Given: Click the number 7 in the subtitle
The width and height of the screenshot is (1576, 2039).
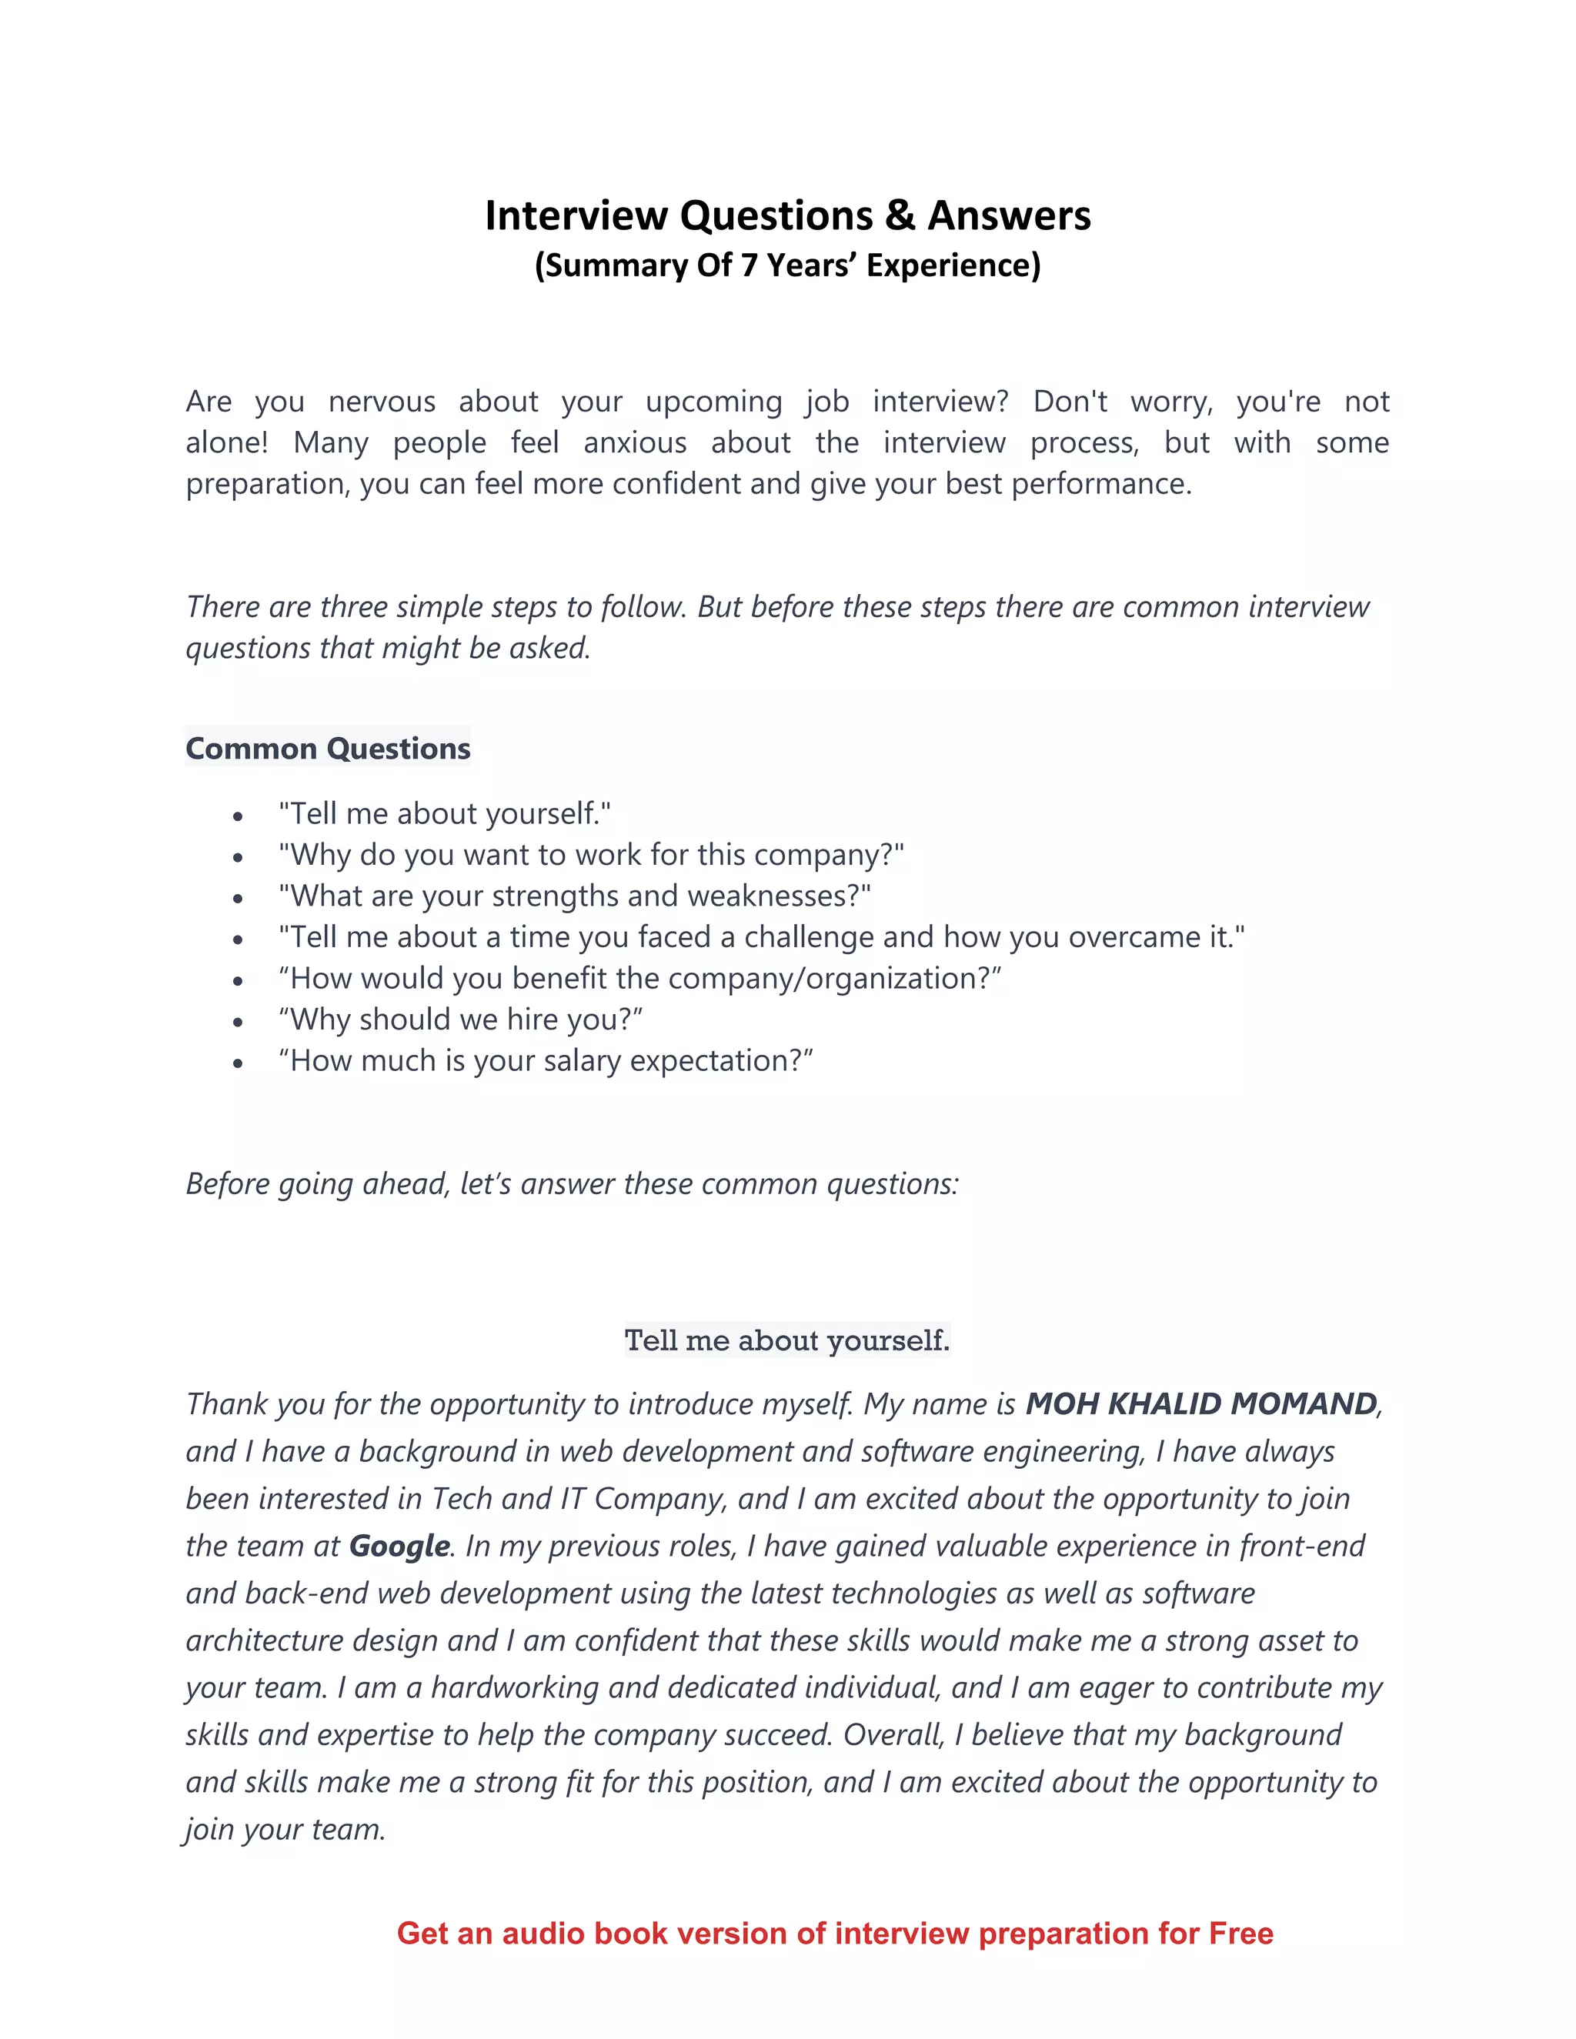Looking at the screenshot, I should (748, 266).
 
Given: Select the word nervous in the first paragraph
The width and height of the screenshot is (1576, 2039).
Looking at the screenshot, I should (382, 402).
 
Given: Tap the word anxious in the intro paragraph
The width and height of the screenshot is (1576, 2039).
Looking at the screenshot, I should (635, 442).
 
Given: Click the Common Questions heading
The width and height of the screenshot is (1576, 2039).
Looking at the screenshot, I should (328, 749).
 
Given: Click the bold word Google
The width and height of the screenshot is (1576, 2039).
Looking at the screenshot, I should (399, 1546).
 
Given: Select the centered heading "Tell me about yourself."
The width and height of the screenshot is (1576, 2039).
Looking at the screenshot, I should (787, 1340).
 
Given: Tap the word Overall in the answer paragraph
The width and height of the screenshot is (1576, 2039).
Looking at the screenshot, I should (893, 1734).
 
